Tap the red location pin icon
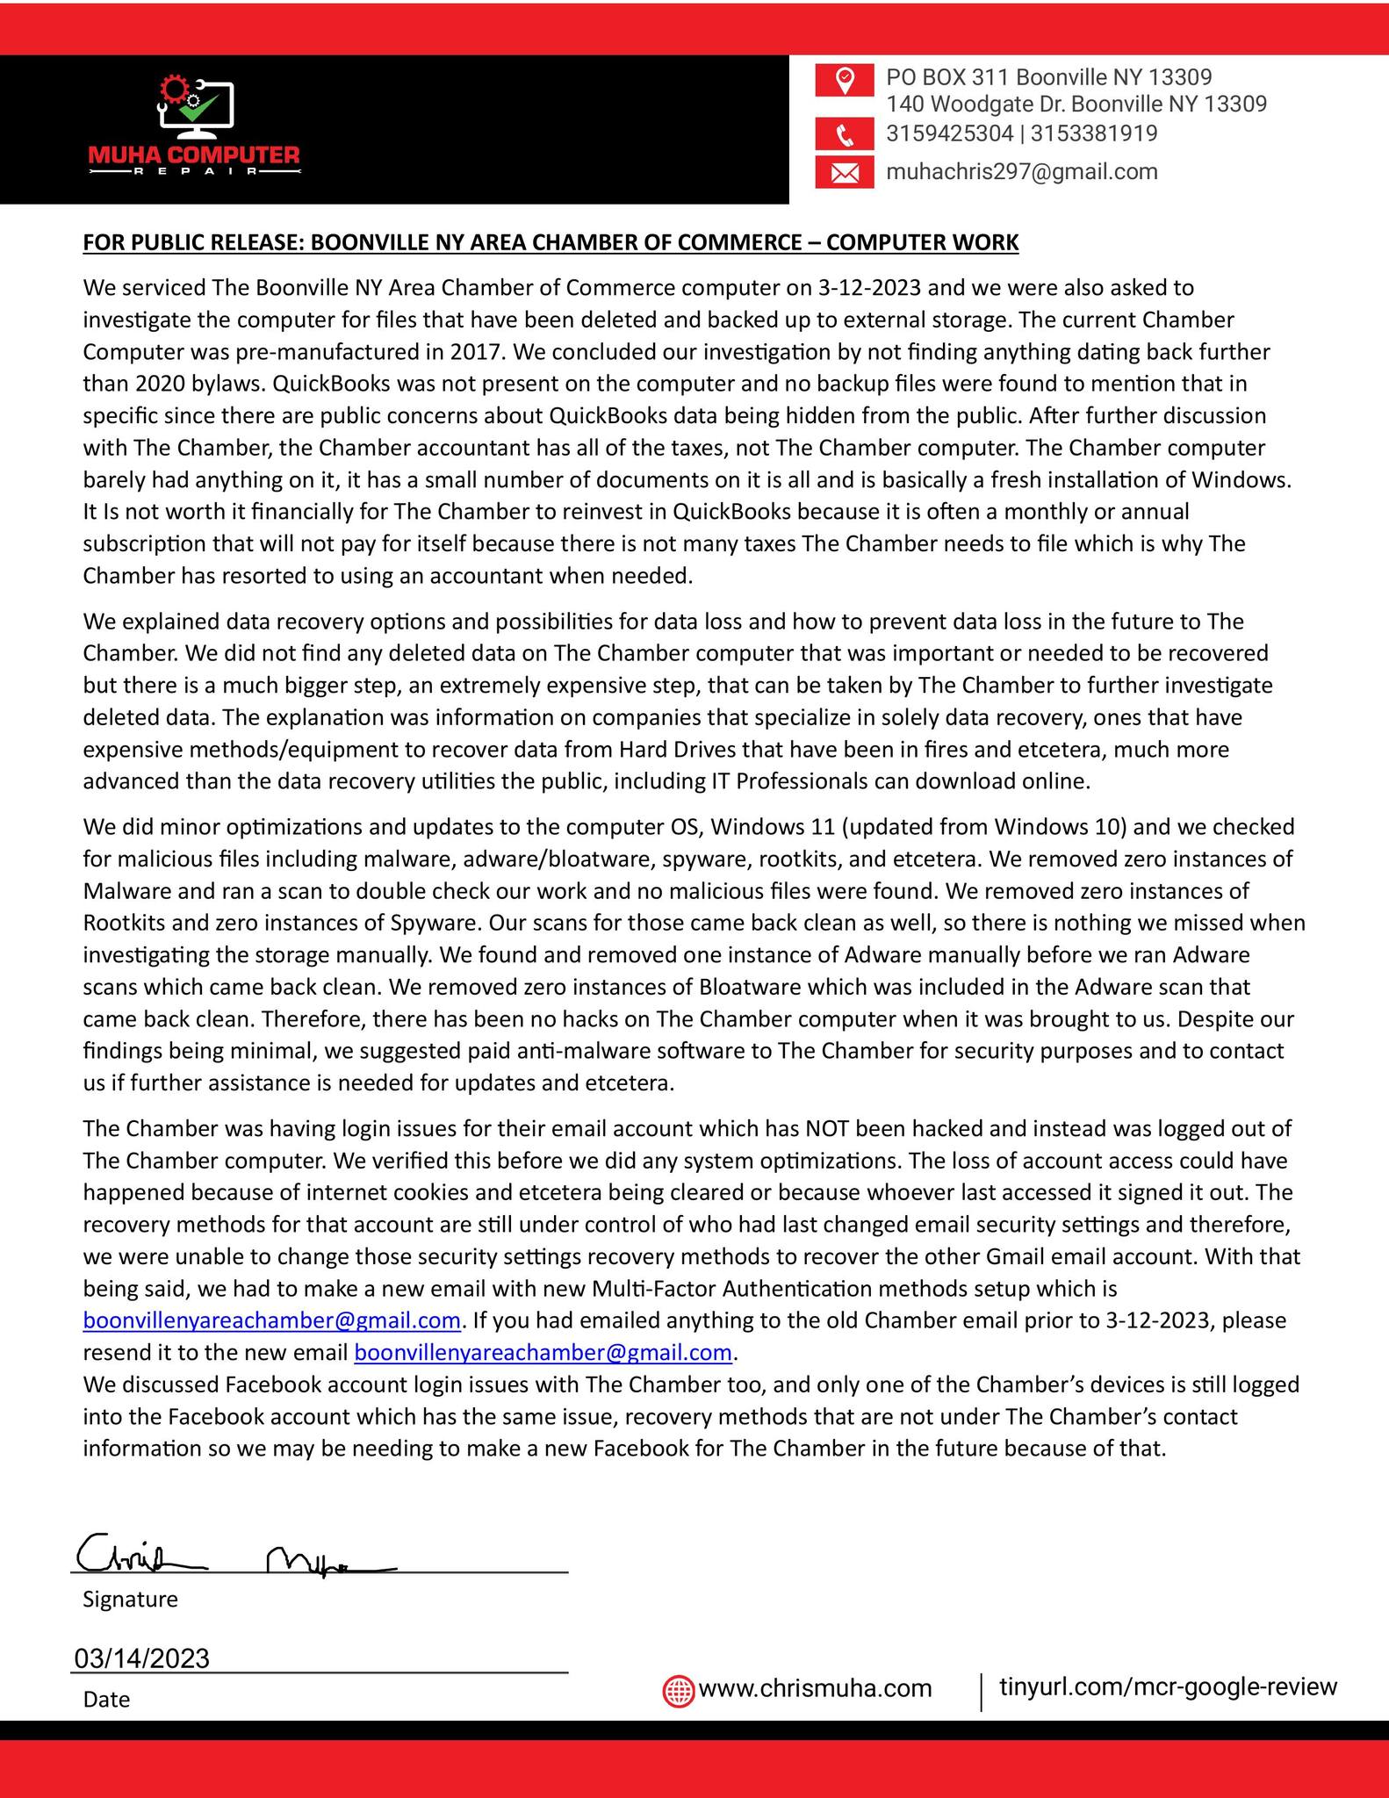click(x=844, y=80)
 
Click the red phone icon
click(x=844, y=134)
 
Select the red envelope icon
click(x=844, y=172)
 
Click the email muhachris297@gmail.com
click(x=1021, y=172)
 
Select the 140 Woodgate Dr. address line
click(x=1076, y=104)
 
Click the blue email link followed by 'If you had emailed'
click(x=271, y=1320)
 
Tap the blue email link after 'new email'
click(x=543, y=1353)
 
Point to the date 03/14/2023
click(x=142, y=1658)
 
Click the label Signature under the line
click(x=130, y=1600)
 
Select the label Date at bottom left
click(x=106, y=1700)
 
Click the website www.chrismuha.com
click(x=815, y=1689)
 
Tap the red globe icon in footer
click(x=679, y=1690)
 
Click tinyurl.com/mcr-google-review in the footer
click(x=1168, y=1687)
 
